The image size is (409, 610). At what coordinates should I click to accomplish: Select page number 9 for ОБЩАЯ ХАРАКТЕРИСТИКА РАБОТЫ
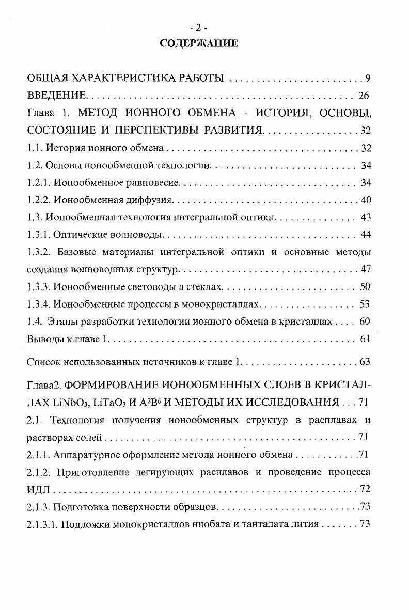pos(368,78)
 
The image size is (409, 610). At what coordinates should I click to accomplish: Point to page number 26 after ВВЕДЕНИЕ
pos(363,96)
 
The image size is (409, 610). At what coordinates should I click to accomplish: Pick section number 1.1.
pos(35,149)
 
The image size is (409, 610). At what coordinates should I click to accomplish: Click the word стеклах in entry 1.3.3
pos(206,287)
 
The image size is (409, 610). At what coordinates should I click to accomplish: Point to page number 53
pos(365,304)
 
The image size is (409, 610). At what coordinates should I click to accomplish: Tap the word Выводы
pos(43,339)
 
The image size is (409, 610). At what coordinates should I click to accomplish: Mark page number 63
pos(365,362)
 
